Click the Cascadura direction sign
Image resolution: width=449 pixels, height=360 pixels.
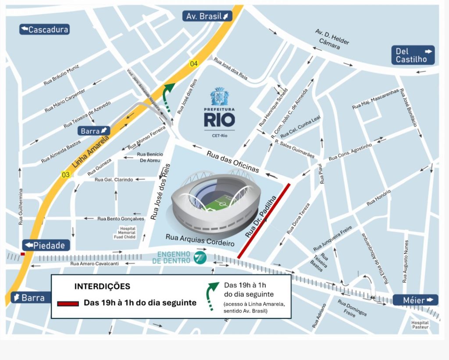click(x=44, y=30)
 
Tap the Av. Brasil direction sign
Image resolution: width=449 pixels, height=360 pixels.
click(x=207, y=16)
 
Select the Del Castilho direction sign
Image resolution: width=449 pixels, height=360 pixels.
click(x=413, y=55)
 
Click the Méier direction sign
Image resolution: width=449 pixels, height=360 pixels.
click(x=415, y=300)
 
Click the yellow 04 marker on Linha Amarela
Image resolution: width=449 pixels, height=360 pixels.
click(x=193, y=64)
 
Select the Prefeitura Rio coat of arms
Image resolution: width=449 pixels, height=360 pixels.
click(x=219, y=96)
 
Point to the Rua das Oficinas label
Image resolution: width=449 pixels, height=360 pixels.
click(x=233, y=160)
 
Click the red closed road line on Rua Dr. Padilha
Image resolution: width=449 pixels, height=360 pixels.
click(x=264, y=221)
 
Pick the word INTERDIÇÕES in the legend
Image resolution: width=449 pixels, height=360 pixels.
click(x=102, y=286)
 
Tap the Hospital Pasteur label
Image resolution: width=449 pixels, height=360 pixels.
click(x=420, y=325)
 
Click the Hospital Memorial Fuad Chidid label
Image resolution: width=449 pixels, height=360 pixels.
click(x=128, y=233)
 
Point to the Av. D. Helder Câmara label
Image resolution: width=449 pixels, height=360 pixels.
click(x=332, y=39)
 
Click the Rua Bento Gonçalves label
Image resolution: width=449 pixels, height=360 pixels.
click(x=121, y=218)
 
